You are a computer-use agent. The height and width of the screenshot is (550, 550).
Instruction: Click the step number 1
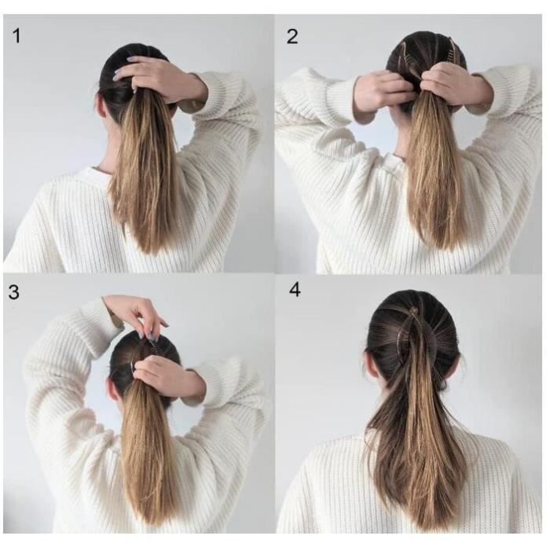coord(16,36)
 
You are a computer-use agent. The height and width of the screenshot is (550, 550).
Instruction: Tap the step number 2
coord(292,36)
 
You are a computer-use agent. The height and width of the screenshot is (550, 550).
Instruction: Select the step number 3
coord(13,291)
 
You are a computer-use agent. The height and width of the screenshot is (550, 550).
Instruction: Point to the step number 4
coord(295,290)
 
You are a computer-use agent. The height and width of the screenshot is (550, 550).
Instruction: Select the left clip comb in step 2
coord(408,52)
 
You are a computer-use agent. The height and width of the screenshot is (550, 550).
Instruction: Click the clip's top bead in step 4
coord(415,310)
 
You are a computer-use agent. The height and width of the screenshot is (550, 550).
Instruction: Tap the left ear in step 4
coord(370,365)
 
